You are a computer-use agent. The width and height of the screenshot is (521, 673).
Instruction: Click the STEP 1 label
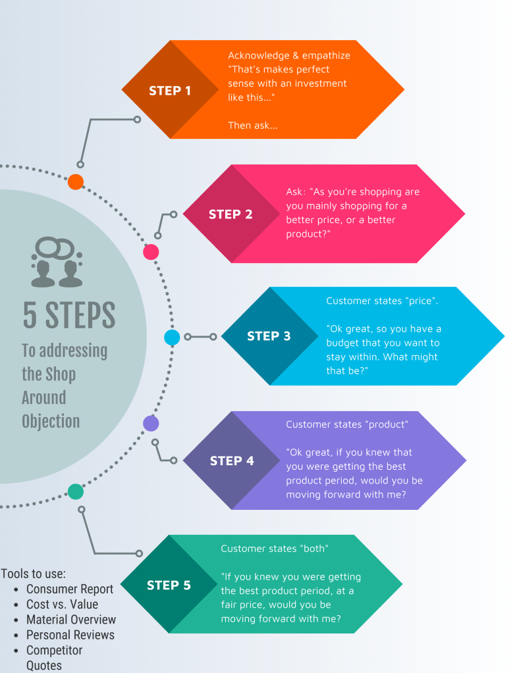[x=170, y=90]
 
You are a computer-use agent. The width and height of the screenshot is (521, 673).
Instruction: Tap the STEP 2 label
[x=231, y=214]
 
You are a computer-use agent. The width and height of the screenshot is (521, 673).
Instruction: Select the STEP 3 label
[x=269, y=336]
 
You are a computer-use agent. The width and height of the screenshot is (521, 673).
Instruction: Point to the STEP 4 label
[x=232, y=461]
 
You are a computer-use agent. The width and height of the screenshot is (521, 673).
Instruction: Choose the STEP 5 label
[x=169, y=585]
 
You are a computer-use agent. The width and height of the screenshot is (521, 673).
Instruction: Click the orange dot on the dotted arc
[x=76, y=182]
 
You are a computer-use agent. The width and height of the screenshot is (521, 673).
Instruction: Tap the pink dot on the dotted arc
[x=151, y=252]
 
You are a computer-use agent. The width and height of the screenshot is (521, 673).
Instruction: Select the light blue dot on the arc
[x=172, y=337]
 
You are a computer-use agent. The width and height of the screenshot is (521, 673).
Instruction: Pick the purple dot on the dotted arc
[x=151, y=423]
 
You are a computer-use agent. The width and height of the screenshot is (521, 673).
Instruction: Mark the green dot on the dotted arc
[x=76, y=491]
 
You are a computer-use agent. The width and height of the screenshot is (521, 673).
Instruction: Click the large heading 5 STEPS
[x=69, y=315]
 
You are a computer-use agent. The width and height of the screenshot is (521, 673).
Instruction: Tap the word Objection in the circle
[x=51, y=421]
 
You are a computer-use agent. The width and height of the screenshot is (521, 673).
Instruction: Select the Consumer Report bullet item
[x=70, y=589]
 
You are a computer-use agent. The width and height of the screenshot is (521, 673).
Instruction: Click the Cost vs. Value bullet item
[x=62, y=604]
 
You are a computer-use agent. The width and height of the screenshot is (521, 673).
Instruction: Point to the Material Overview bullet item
[x=71, y=619]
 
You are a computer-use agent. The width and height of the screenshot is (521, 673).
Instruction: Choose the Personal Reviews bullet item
[x=70, y=635]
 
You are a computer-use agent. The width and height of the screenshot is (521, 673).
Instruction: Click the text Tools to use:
[x=34, y=573]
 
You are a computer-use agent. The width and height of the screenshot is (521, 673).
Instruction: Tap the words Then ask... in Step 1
[x=252, y=125]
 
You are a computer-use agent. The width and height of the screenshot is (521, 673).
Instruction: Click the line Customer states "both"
[x=275, y=549]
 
